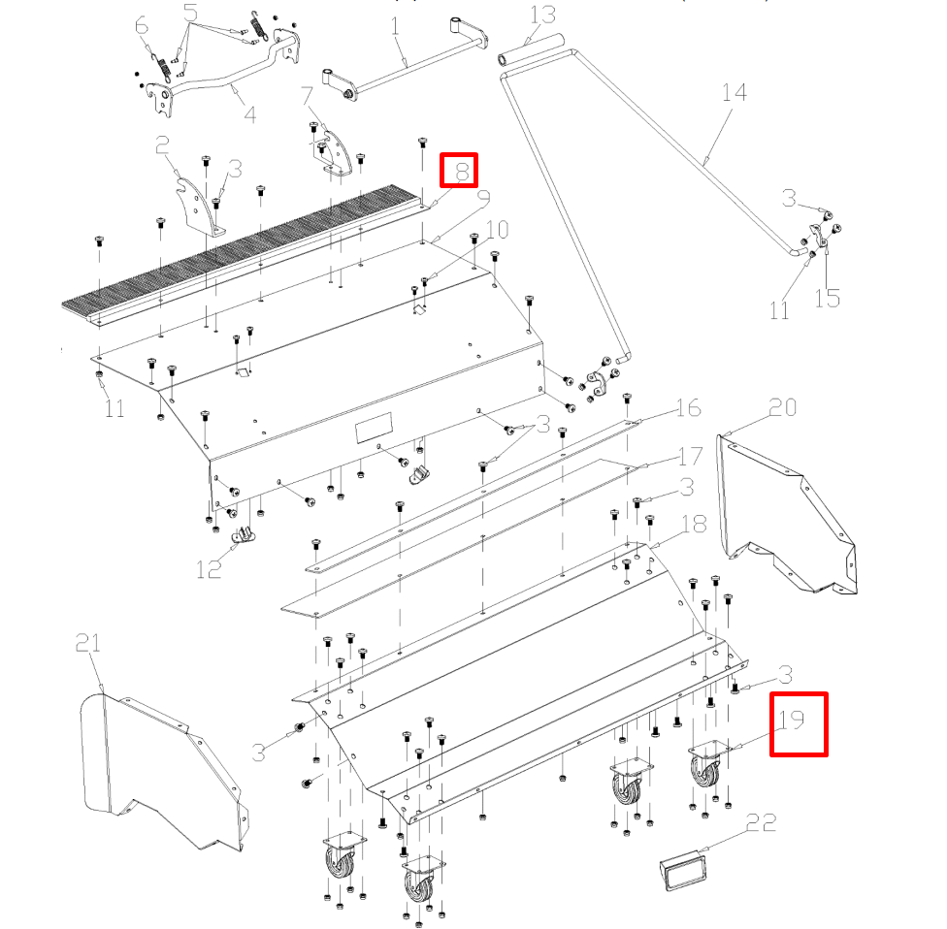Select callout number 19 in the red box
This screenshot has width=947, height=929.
792,721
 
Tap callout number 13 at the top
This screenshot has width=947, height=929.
541,16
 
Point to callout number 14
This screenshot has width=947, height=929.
735,94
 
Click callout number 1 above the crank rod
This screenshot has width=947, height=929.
395,26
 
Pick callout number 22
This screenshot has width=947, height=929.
762,823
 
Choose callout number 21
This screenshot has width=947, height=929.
88,643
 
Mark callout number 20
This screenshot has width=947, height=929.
782,408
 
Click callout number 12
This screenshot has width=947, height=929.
210,567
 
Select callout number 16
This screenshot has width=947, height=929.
688,407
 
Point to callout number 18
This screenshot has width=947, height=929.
693,525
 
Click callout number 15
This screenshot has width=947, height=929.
827,297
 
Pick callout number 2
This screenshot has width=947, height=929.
163,146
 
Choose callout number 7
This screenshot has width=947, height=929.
307,96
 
